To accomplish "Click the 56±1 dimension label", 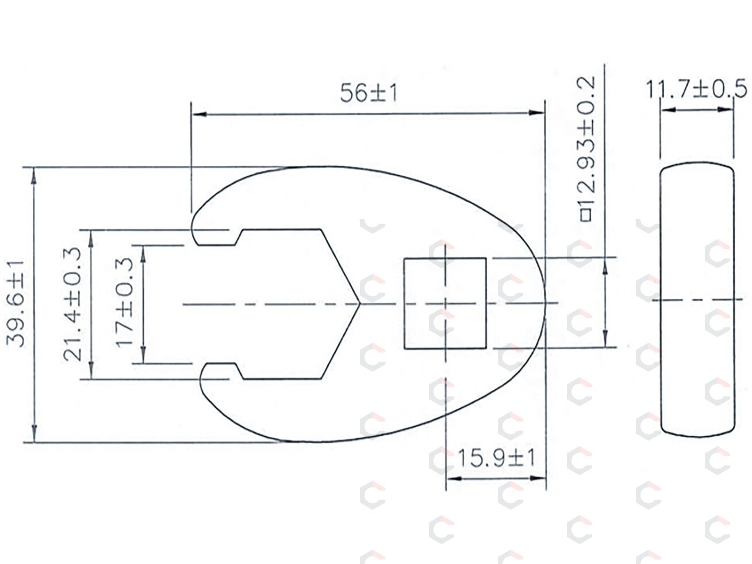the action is [x=369, y=93].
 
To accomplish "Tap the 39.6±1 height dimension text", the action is [x=16, y=304].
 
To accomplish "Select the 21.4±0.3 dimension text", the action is [x=73, y=304].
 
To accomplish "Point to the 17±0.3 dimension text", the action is [x=124, y=302].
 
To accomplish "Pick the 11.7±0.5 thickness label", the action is [x=696, y=89].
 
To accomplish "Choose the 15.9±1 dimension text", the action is [x=496, y=458].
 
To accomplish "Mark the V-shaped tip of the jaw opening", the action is [x=360, y=304].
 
